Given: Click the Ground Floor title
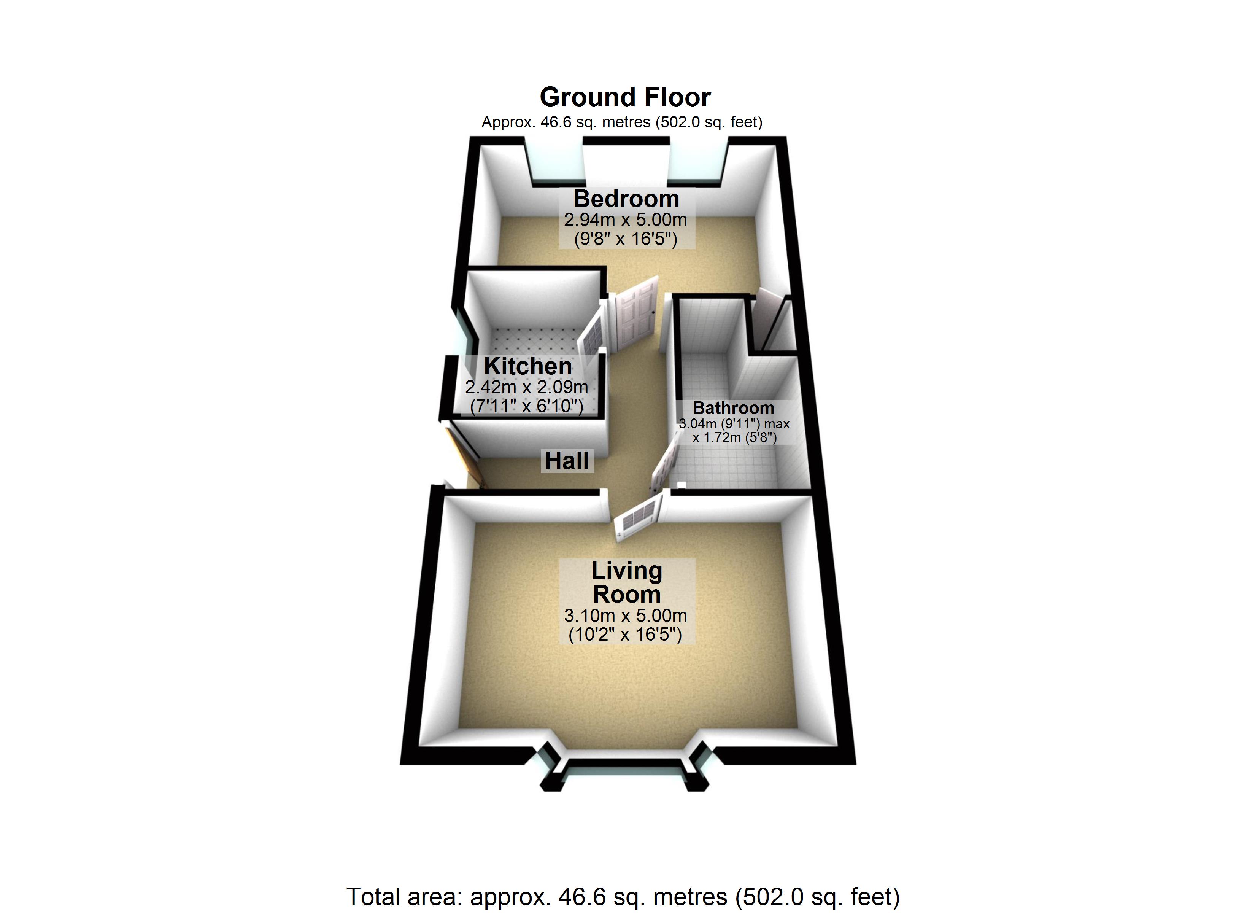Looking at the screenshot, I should [625, 97].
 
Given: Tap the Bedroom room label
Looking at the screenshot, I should [626, 199].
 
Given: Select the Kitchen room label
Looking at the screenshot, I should [527, 366].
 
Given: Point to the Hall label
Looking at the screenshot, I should [567, 461].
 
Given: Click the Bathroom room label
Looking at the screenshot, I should [733, 408].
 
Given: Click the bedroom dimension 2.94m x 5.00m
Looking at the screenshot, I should [625, 220].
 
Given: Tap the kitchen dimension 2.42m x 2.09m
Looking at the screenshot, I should [526, 387].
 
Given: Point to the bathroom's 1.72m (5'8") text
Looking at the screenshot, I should [734, 437].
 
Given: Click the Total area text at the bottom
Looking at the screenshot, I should [623, 896].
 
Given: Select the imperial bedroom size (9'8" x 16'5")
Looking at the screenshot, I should [625, 239].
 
